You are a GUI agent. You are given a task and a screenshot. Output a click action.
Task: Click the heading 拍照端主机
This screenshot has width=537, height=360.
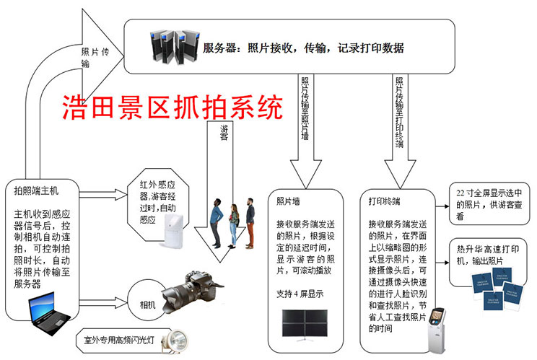[36, 192]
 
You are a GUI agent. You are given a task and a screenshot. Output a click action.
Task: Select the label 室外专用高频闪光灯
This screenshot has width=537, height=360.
[118, 335]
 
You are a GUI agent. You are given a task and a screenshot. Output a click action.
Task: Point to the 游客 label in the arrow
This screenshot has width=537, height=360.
[224, 134]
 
